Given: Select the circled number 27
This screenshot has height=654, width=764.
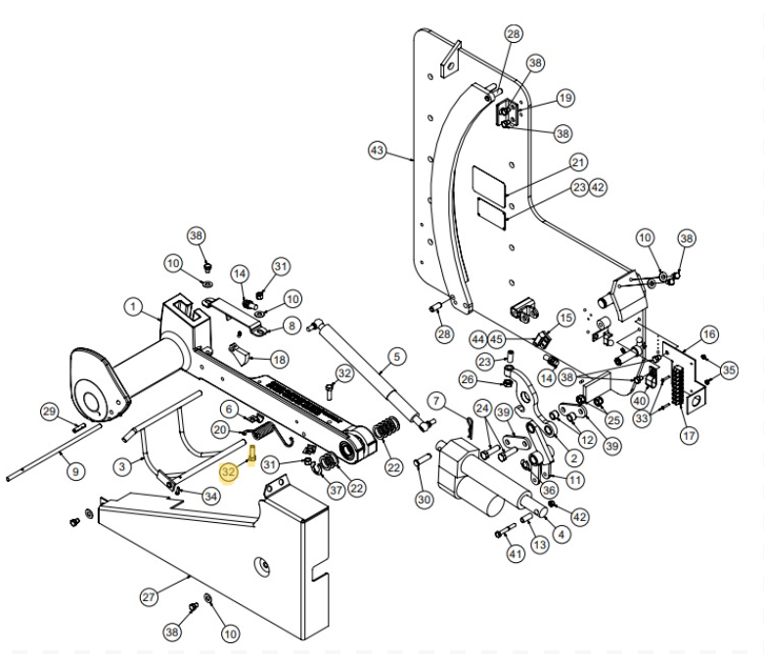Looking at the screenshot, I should [x=149, y=595].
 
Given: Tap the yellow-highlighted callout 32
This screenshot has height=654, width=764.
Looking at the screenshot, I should [x=229, y=471].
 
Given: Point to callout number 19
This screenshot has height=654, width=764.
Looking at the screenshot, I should [x=565, y=99].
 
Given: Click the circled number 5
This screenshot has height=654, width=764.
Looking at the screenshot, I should [x=396, y=357].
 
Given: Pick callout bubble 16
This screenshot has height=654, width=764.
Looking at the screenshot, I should [x=708, y=334].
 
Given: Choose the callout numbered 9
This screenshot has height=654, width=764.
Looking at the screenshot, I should [x=74, y=471].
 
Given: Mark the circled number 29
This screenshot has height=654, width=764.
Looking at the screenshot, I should [x=49, y=412].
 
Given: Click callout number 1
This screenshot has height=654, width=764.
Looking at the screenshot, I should [x=133, y=307].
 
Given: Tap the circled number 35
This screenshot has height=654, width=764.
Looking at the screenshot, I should [x=729, y=371].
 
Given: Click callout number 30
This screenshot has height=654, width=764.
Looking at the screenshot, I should [x=423, y=500].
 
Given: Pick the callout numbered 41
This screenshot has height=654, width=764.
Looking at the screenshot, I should [x=516, y=553].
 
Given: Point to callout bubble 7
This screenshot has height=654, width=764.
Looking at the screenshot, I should [x=436, y=401].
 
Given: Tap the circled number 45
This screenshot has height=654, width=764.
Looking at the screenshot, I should [x=497, y=339].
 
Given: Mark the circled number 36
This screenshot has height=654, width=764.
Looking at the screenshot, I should [x=550, y=491].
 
